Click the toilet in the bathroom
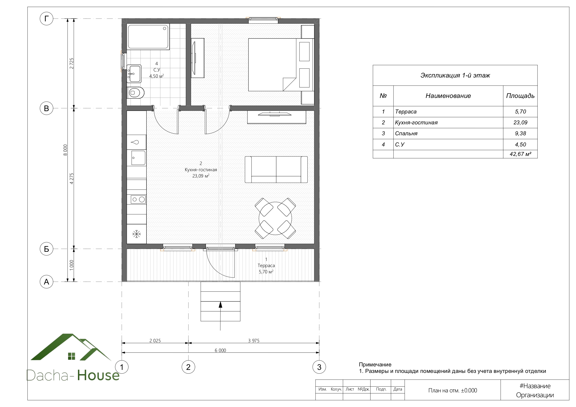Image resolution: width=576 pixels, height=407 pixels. pyautogui.click(x=136, y=93)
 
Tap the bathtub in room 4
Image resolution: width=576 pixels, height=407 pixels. pyautogui.click(x=148, y=37)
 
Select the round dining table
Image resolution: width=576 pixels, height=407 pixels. pyautogui.click(x=275, y=218)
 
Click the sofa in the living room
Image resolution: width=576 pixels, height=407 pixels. pyautogui.click(x=276, y=170)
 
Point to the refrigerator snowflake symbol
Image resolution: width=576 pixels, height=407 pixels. pyautogui.click(x=137, y=234)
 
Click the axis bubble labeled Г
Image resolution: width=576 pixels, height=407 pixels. pyautogui.click(x=46, y=19)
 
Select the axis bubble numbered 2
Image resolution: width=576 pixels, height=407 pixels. pyautogui.click(x=188, y=367)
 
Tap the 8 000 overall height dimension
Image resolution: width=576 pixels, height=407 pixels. pyautogui.click(x=65, y=150)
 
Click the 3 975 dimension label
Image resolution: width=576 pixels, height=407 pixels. pyautogui.click(x=254, y=341)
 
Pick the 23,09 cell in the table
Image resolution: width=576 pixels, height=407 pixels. pyautogui.click(x=520, y=123)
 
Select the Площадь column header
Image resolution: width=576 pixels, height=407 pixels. pyautogui.click(x=520, y=96)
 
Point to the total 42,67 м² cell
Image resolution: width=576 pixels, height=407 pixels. pyautogui.click(x=520, y=154)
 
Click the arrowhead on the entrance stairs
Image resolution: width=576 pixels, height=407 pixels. pyautogui.click(x=221, y=304)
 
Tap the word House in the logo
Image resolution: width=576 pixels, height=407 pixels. pyautogui.click(x=98, y=375)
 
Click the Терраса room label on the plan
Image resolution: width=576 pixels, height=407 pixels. pyautogui.click(x=266, y=265)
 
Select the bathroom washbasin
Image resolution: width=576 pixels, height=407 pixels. pyautogui.click(x=134, y=74)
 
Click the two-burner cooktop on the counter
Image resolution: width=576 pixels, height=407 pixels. pyautogui.click(x=138, y=200)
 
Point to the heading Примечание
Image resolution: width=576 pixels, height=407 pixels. pyautogui.click(x=375, y=365)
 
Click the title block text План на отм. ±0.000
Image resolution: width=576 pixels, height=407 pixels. pyautogui.click(x=452, y=391)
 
